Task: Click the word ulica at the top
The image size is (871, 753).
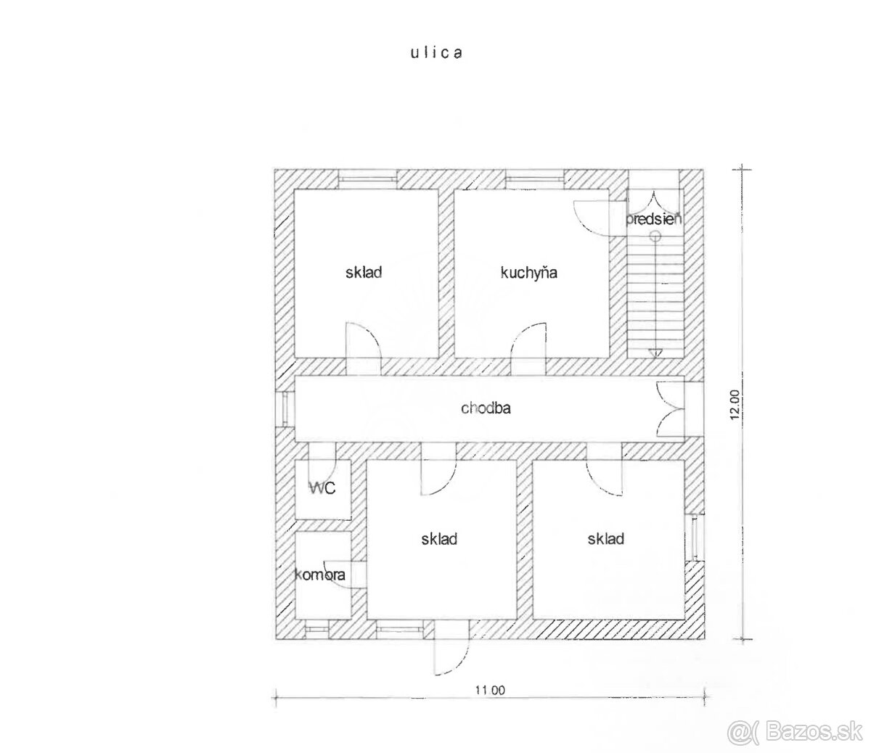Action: click(x=436, y=53)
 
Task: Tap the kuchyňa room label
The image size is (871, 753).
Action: click(x=529, y=273)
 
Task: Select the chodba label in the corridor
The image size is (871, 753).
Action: click(x=486, y=408)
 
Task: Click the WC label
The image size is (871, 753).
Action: click(x=323, y=488)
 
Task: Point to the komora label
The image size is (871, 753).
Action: click(x=320, y=575)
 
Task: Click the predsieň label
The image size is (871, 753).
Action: click(x=653, y=219)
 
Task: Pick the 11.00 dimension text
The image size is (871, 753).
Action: click(x=490, y=691)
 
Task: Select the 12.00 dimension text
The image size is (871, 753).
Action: click(x=735, y=405)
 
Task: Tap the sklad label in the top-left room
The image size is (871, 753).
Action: click(x=364, y=273)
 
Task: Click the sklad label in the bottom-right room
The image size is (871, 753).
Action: click(x=606, y=539)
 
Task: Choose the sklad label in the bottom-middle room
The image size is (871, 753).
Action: click(x=439, y=539)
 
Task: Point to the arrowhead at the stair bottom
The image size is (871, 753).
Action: click(x=655, y=353)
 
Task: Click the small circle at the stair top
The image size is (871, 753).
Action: click(x=655, y=236)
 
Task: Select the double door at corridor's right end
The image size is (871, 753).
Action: click(x=669, y=409)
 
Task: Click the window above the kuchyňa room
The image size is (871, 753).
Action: click(x=535, y=179)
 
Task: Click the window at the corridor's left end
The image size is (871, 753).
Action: click(x=285, y=408)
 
